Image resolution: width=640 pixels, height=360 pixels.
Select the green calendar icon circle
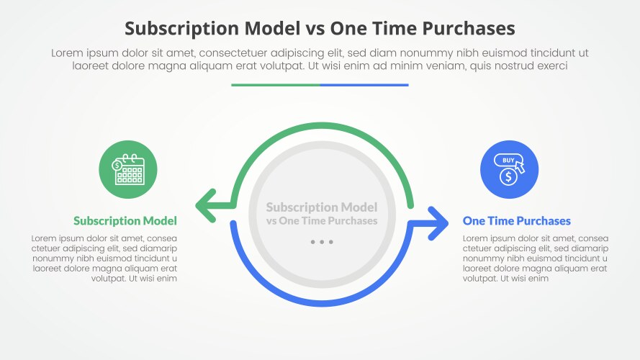point(127,169)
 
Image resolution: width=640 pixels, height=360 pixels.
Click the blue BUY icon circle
point(510,169)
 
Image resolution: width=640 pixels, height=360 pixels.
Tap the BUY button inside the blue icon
point(508,160)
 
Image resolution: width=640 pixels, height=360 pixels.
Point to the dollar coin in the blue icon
point(508,176)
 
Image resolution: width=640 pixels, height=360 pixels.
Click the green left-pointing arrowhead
point(206,206)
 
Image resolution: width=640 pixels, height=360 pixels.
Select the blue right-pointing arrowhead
point(438,223)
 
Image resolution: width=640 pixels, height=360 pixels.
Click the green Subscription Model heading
point(125,221)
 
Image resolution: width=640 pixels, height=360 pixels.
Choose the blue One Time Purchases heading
point(516,221)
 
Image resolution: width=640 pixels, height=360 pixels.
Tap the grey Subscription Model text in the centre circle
point(322,207)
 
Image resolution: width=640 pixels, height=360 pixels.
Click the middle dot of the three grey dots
point(322,242)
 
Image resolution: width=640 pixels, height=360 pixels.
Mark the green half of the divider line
point(276,85)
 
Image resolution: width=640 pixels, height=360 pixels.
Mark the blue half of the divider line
point(364,85)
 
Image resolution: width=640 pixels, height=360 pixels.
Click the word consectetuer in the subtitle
point(233,53)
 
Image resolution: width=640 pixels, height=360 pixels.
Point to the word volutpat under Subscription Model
point(108,279)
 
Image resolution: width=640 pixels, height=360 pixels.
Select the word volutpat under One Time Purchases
point(480,279)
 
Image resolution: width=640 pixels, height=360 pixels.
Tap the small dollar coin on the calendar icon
point(117,166)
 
